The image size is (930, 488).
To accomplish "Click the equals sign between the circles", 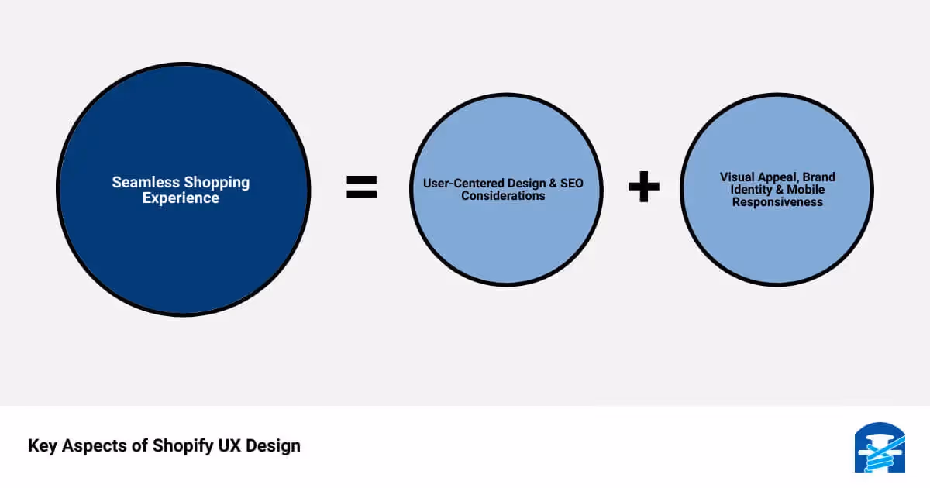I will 361,187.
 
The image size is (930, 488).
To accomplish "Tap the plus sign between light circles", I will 643,187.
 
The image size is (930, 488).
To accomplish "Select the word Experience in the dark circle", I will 181,198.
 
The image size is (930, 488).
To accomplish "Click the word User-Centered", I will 461,184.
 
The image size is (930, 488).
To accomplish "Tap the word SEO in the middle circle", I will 571,184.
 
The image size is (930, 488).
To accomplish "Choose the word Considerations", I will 503,196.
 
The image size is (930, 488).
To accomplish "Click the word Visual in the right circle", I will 737,177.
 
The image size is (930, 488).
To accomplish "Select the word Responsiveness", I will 777,202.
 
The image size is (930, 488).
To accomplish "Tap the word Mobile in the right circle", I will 806,190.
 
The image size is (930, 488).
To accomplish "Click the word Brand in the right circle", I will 818,177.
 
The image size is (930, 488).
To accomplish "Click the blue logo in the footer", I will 880,448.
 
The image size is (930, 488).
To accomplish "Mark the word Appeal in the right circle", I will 778,177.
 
